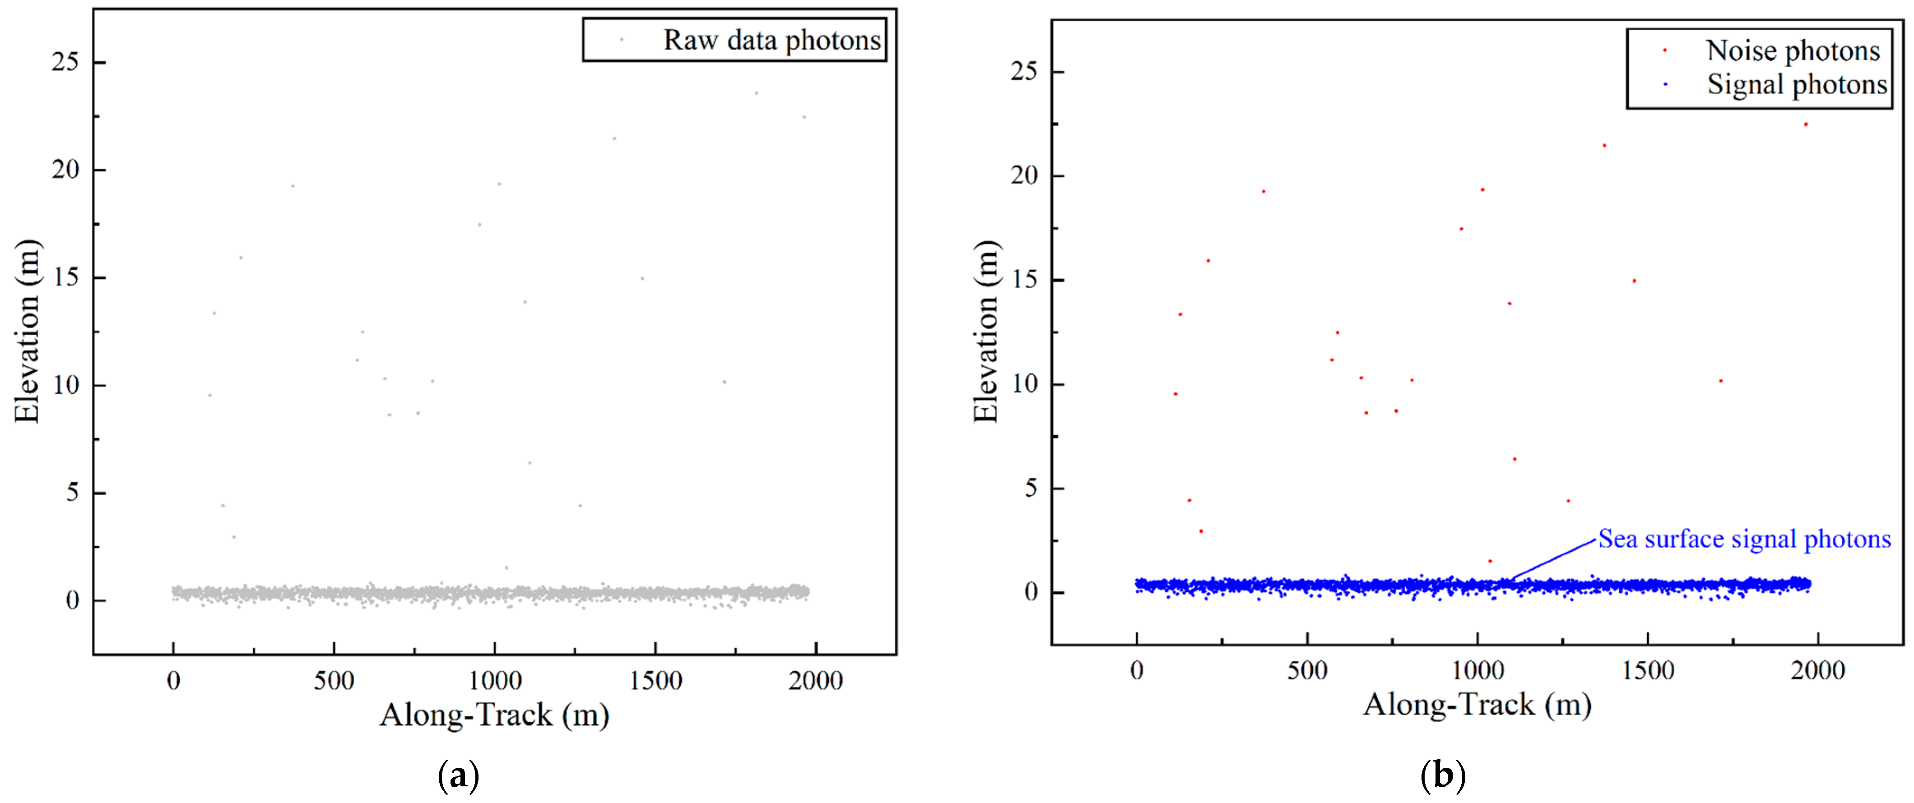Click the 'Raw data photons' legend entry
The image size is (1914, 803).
(771, 40)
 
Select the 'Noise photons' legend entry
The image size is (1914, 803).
(1792, 51)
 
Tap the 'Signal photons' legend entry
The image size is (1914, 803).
(1797, 85)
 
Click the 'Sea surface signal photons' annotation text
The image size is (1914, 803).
(1744, 539)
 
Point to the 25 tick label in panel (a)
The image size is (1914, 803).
(65, 62)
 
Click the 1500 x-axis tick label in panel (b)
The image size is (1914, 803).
(1647, 671)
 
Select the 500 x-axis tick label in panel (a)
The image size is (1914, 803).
(334, 680)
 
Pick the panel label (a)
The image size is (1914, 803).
(459, 775)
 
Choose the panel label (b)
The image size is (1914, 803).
(1442, 775)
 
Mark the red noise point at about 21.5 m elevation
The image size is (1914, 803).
(1604, 146)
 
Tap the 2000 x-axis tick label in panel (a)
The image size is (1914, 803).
(815, 680)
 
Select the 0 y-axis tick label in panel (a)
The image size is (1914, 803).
(72, 600)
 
